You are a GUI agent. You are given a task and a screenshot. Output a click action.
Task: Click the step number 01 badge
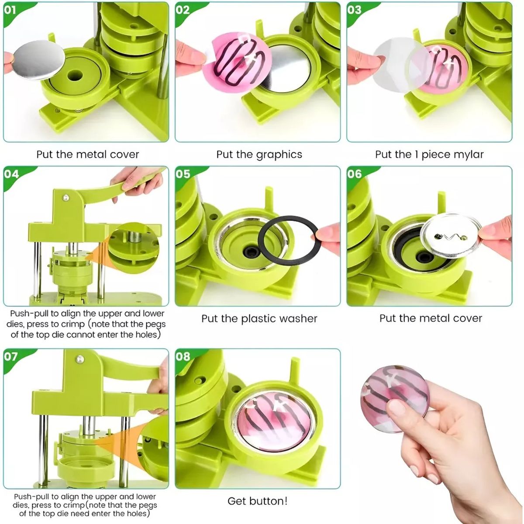click(10, 10)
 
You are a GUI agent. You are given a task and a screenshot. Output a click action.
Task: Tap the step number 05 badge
click(183, 174)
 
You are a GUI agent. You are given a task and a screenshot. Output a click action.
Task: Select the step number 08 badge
click(183, 356)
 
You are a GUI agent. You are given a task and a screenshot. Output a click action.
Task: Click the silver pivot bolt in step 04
click(66, 198)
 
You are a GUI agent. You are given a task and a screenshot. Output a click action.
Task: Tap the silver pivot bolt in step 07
click(79, 359)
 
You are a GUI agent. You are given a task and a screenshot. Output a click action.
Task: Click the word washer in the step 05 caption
click(298, 319)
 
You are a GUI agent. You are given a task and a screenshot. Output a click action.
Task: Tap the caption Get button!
click(257, 501)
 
